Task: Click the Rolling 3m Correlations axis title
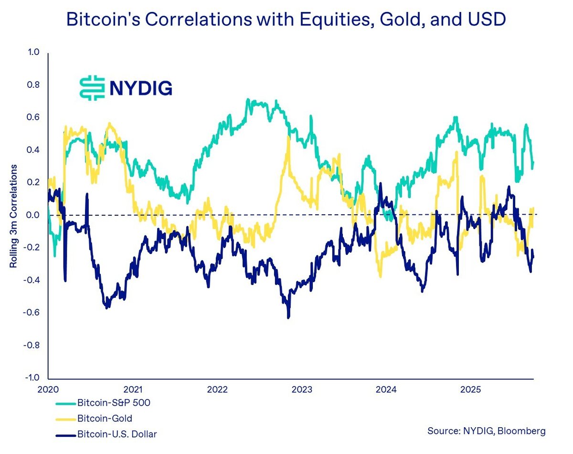[x=14, y=216]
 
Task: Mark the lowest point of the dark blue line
[x=288, y=317]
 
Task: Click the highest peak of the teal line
[x=248, y=99]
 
